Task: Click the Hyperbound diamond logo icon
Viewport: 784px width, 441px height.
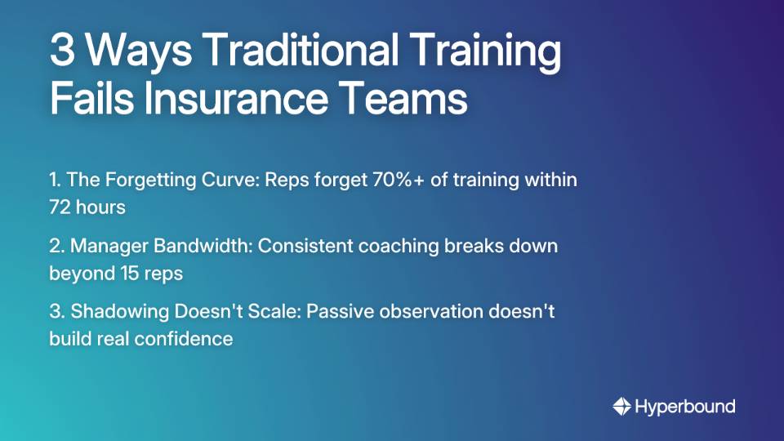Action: (621, 406)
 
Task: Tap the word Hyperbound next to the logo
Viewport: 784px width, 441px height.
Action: (685, 406)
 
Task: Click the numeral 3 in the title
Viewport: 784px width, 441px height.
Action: (62, 51)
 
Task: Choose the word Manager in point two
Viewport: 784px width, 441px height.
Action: (110, 246)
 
